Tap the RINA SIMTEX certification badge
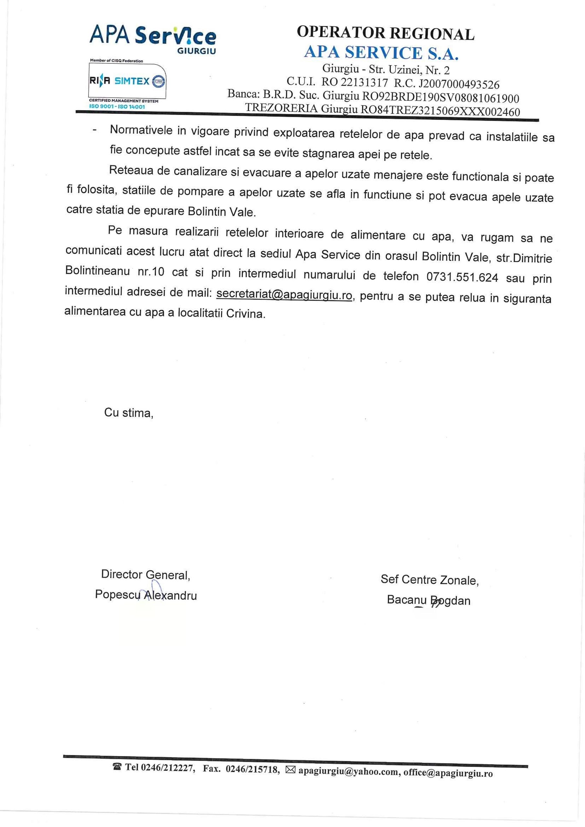point(128,81)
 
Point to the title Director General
point(146,574)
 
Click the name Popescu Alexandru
point(146,595)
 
